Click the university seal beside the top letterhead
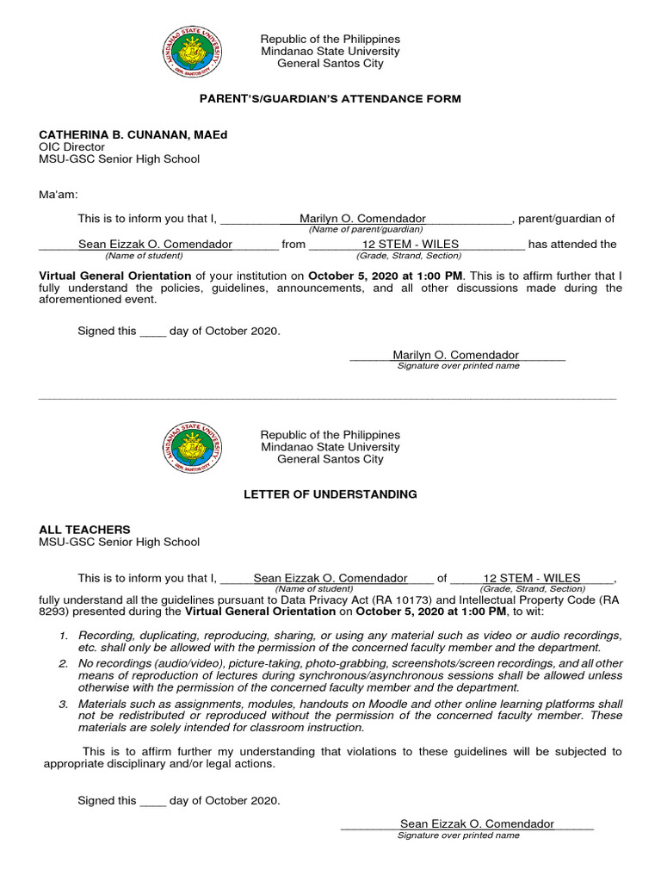point(195,52)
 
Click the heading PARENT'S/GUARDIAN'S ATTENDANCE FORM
point(330,99)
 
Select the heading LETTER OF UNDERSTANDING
point(330,494)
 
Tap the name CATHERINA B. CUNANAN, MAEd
point(133,134)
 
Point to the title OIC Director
point(71,146)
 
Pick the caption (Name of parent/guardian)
point(366,230)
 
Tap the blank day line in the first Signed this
point(152,331)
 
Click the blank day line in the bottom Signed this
point(152,801)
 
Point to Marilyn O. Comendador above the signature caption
point(455,355)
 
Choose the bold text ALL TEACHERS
point(85,530)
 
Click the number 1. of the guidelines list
point(64,636)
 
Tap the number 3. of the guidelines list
point(64,705)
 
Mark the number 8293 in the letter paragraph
point(54,612)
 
